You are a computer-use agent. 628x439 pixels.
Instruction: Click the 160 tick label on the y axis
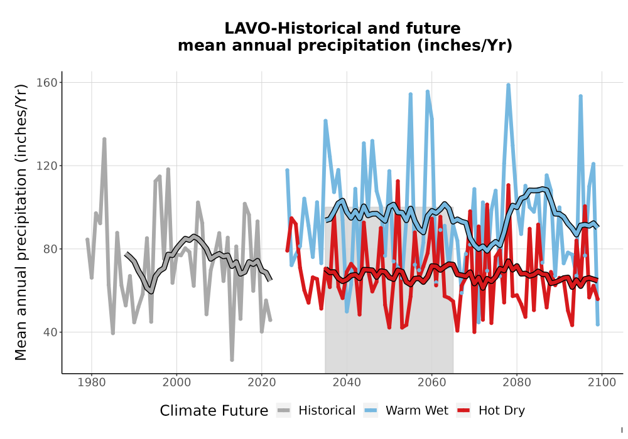click(47, 82)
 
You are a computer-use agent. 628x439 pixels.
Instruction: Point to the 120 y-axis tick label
click(47, 166)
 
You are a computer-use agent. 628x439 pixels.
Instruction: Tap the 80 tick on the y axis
click(50, 249)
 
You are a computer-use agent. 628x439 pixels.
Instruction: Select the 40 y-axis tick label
click(50, 332)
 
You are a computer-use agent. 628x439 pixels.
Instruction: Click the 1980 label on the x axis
click(91, 382)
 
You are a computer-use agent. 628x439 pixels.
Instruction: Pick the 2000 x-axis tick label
click(176, 382)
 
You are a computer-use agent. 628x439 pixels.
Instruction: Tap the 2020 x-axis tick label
click(261, 382)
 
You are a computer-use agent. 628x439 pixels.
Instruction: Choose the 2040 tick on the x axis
click(347, 382)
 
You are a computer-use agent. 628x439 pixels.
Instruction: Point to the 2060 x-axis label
click(432, 382)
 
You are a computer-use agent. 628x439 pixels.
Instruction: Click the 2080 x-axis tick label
click(517, 382)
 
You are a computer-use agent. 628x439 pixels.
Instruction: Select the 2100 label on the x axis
click(602, 382)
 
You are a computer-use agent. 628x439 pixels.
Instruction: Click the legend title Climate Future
click(214, 411)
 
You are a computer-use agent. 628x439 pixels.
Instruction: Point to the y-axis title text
click(20, 222)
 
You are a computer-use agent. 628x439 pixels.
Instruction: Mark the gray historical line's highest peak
click(104, 139)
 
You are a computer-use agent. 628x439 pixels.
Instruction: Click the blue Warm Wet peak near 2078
click(508, 85)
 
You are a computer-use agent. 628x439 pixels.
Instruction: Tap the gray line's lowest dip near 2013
click(232, 360)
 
